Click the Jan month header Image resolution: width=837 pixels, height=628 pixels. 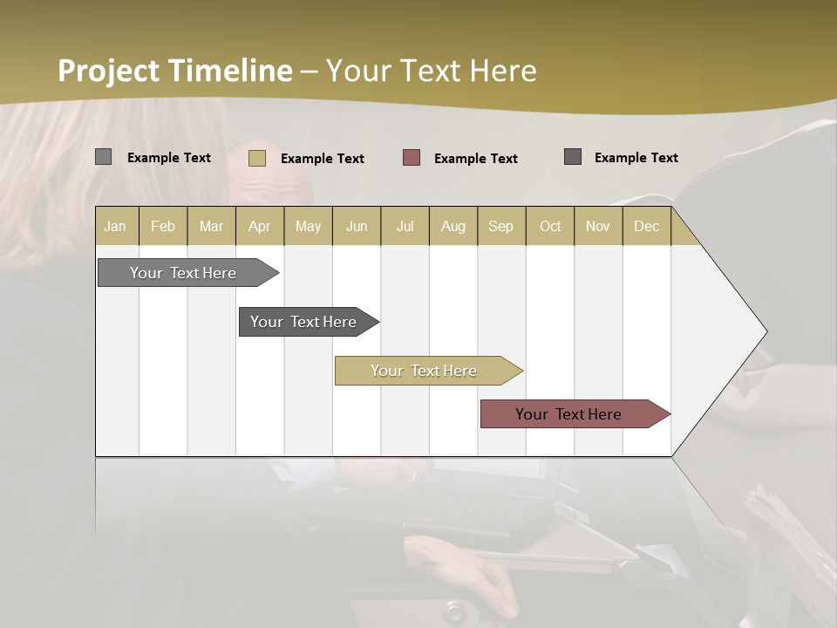pos(115,226)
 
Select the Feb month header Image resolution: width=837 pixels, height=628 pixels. pos(163,226)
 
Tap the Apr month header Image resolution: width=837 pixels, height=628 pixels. pos(259,226)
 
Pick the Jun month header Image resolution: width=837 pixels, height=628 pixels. pos(357,226)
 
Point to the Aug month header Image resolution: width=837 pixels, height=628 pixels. pos(453,226)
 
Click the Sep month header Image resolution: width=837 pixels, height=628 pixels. pos(500,226)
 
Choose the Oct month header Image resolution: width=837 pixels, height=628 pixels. pos(550,226)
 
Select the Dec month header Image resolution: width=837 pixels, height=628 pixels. pos(646,226)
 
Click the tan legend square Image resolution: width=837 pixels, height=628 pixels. pos(256,158)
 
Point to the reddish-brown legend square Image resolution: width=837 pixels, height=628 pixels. pos(412,158)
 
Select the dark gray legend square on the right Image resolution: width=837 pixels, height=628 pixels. pos(573,157)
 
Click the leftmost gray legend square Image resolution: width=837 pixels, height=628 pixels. pos(104,157)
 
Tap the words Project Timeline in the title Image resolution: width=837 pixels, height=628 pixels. pos(174,71)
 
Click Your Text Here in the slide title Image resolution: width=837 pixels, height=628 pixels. pos(431,71)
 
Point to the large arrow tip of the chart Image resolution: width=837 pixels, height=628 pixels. pos(741,331)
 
